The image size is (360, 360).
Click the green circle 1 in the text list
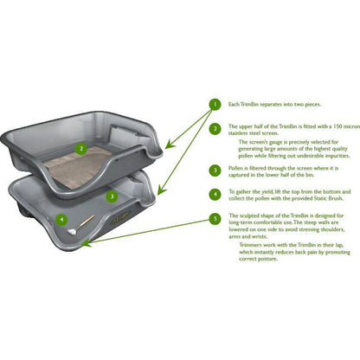[214, 105]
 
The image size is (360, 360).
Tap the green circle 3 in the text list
[214, 170]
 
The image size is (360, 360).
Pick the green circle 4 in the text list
[214, 195]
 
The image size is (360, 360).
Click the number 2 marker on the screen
[80, 148]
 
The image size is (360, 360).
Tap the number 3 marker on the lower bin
[111, 196]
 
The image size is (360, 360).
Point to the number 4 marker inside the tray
[61, 219]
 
